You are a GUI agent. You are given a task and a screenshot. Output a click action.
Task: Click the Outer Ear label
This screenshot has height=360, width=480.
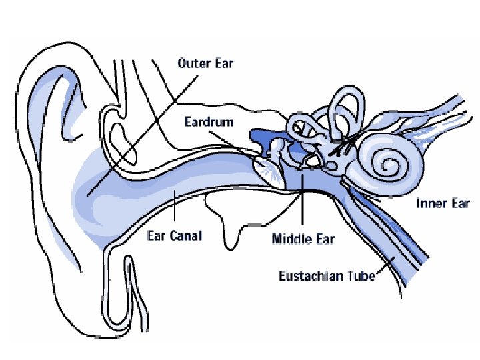(205, 65)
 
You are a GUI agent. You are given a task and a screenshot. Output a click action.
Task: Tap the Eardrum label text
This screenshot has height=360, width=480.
(206, 122)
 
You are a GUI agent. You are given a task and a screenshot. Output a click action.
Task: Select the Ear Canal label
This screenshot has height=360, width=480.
(174, 236)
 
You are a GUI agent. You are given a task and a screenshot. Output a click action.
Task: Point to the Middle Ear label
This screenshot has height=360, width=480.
(303, 239)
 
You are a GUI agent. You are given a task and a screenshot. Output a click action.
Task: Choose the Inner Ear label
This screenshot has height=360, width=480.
(443, 204)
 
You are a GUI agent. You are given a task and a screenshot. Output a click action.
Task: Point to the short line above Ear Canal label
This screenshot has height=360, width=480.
(174, 211)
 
